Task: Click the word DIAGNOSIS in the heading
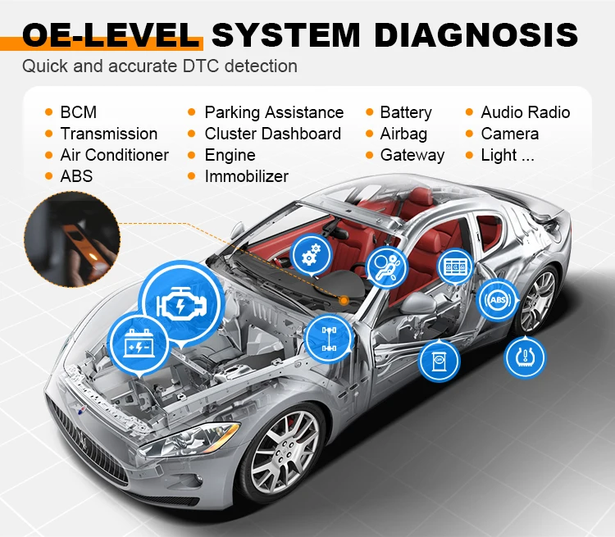[x=475, y=35]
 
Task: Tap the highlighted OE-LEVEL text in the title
[x=112, y=35]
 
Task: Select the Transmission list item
[x=108, y=134]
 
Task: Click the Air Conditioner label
[x=114, y=155]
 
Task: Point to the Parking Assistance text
[x=274, y=112]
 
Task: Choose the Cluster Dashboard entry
[x=272, y=134]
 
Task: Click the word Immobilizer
[x=246, y=176]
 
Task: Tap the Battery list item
[x=405, y=112]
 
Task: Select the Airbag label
[x=403, y=134]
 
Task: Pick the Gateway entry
[x=412, y=155]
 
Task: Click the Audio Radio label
[x=525, y=112]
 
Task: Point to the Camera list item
[x=509, y=134]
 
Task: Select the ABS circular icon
[x=499, y=301]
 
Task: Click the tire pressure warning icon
[x=524, y=357]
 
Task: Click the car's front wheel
[x=284, y=449]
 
